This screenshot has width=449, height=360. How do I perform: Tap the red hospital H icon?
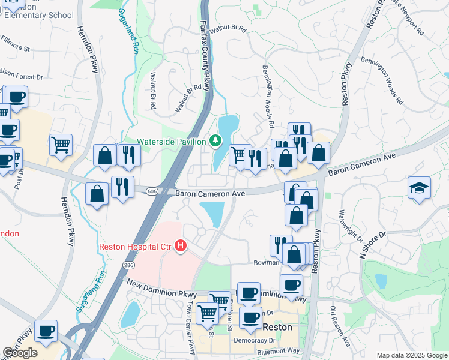pyautogui.click(x=180, y=247)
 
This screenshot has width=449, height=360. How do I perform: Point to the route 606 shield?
pyautogui.click(x=153, y=190)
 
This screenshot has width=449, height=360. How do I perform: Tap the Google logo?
pyautogui.click(x=20, y=353)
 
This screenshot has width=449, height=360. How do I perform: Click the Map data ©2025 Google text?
pyautogui.click(x=411, y=355)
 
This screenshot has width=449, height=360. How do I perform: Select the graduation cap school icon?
pyautogui.click(x=419, y=188)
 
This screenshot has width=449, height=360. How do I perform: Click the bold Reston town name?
pyautogui.click(x=277, y=328)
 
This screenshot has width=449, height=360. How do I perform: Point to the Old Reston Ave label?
pyautogui.click(x=340, y=327)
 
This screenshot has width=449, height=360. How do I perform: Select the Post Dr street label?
pyautogui.click(x=20, y=176)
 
